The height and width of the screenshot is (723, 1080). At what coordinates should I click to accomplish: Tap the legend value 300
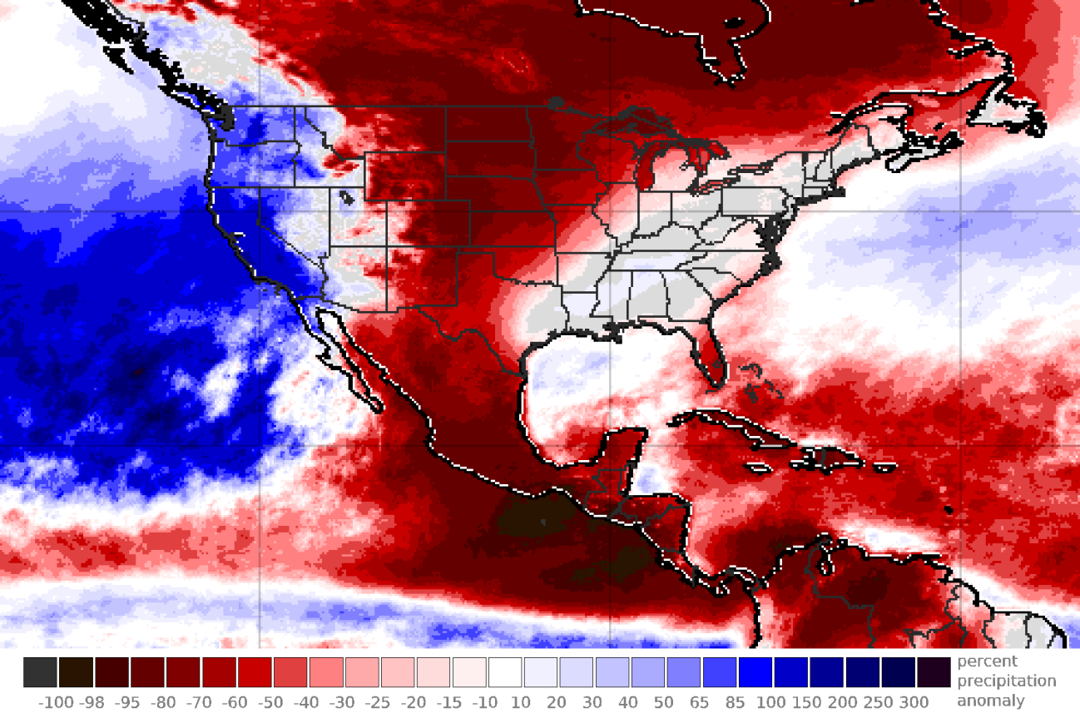pos(914,703)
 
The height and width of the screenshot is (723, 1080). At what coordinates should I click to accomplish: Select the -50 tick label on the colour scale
pos(272,703)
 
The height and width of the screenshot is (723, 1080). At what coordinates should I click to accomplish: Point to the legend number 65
pos(700,703)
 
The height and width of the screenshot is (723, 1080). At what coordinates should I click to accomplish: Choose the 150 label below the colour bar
pos(807,703)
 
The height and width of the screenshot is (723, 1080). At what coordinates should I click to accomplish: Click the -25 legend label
pos(379,703)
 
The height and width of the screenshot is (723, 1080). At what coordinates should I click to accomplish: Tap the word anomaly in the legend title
pos(990,701)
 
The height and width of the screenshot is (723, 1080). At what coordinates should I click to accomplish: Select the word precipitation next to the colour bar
pos(1006,681)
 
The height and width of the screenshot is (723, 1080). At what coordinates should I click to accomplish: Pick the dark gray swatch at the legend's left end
pos(41,672)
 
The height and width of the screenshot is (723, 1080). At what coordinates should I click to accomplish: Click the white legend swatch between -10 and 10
pos(505,672)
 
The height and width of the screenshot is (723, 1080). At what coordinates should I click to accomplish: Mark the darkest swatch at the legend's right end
pos(934,672)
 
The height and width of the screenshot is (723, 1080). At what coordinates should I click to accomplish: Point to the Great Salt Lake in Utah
pos(344,198)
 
